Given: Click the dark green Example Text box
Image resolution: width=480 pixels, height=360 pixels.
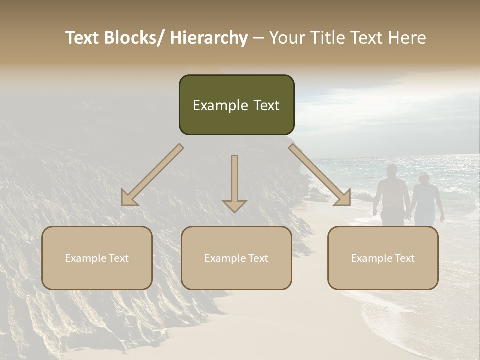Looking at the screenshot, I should tap(236, 105).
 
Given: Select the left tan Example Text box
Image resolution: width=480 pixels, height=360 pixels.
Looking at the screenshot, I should tap(97, 258).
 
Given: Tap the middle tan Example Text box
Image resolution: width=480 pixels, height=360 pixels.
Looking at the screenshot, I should tap(236, 258).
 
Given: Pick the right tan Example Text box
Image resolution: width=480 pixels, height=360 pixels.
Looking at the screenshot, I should tap(383, 258).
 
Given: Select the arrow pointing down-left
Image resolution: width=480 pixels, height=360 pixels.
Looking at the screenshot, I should tap(152, 175).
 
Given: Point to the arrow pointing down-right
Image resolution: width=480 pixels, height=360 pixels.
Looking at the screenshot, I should tap(320, 175).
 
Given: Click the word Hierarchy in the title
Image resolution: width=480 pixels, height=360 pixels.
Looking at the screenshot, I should tap(209, 38).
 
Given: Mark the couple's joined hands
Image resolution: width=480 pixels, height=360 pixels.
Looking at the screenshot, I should tap(408, 216).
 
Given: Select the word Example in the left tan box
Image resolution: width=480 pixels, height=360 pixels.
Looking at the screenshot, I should tap(84, 258).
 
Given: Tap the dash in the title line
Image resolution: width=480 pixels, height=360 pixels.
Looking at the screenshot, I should tap(258, 38).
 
